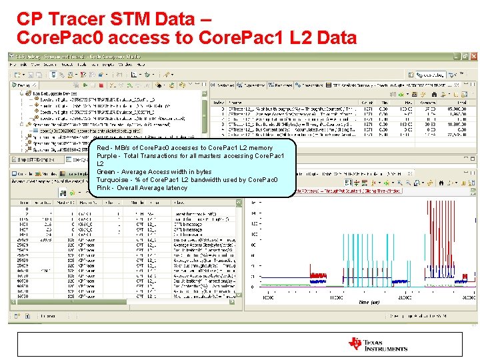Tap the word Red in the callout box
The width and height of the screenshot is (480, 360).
pyautogui.click(x=103, y=148)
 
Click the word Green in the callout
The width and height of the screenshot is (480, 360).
pyautogui.click(x=106, y=172)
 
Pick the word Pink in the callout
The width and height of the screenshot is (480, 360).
pyautogui.click(x=103, y=188)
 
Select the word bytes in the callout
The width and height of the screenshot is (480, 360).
pyautogui.click(x=203, y=172)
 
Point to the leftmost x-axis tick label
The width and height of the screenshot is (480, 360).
pyautogui.click(x=269, y=296)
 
